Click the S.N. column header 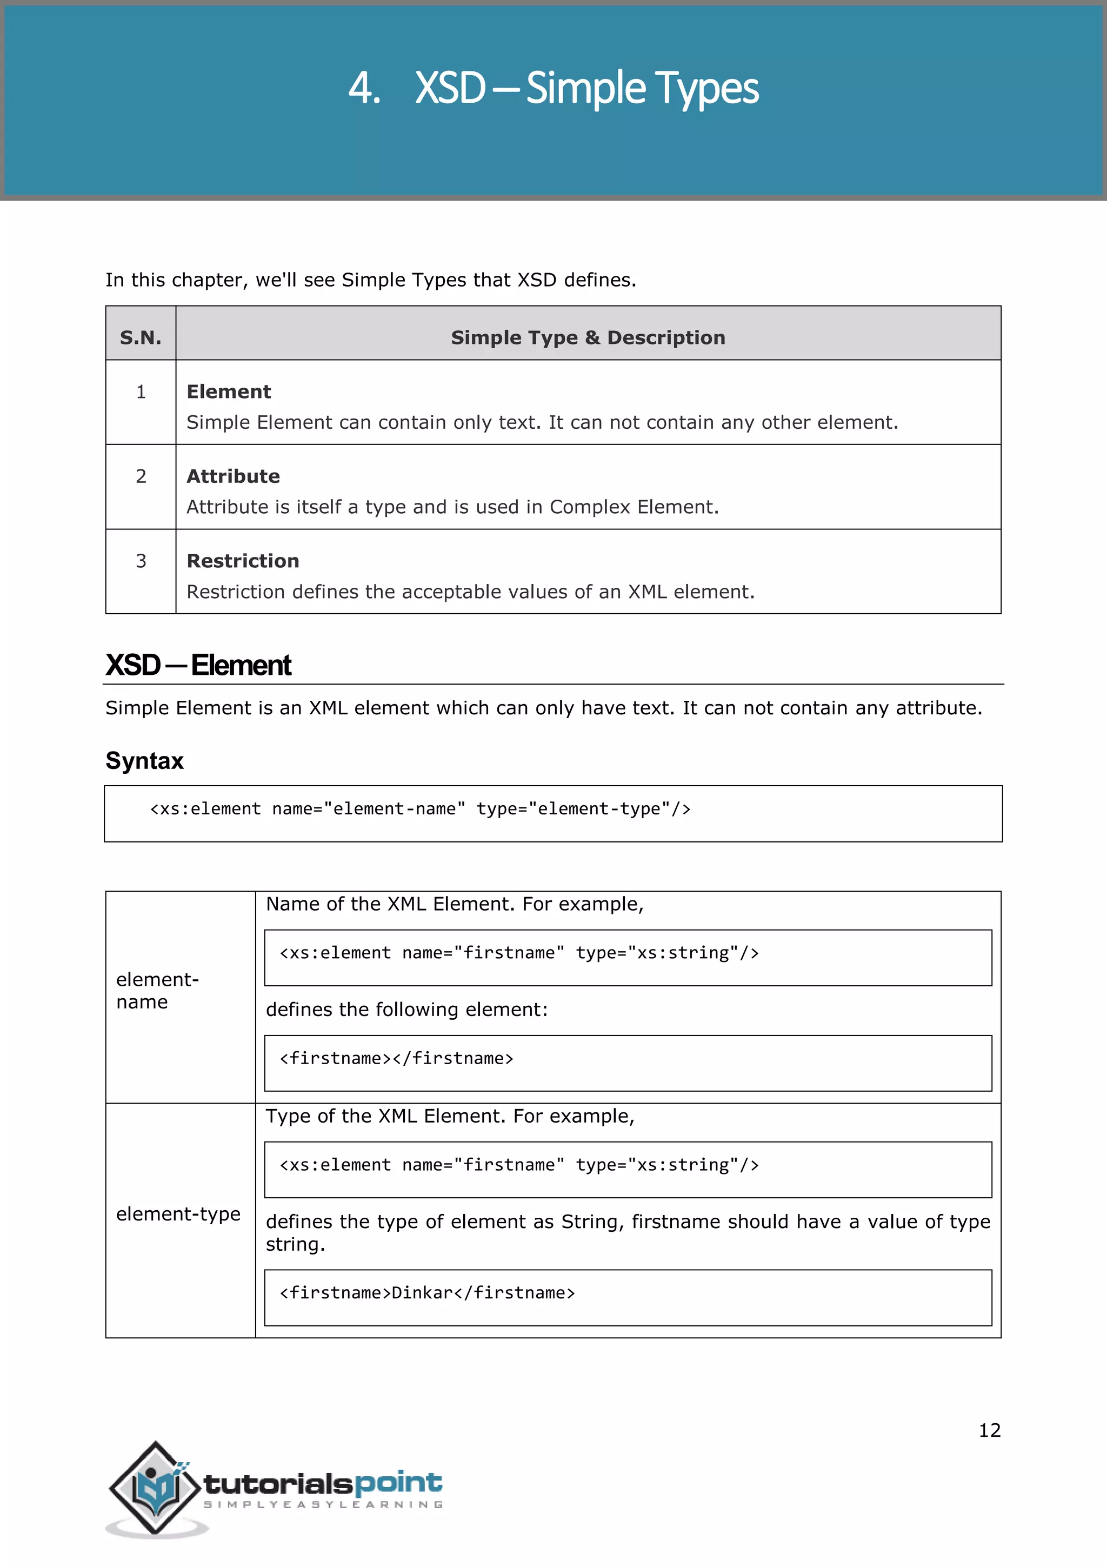click(141, 337)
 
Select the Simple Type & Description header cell click(588, 337)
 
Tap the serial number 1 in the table click(141, 391)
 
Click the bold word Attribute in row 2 click(233, 476)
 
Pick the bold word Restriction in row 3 click(243, 561)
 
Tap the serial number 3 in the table click(141, 561)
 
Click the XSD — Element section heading click(198, 665)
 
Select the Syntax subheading click(144, 760)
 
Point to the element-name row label click(157, 990)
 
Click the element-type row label click(178, 1214)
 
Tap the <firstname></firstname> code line click(396, 1059)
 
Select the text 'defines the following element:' click(406, 1010)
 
